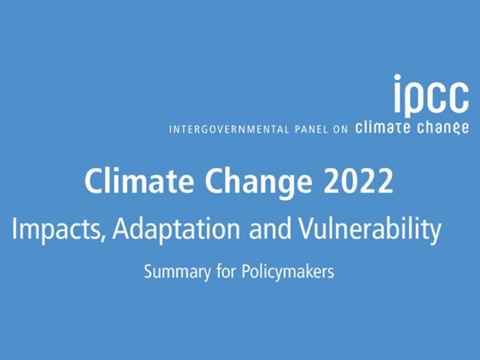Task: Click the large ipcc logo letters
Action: [x=431, y=95]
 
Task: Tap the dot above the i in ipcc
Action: [x=397, y=78]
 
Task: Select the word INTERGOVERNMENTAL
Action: [x=229, y=129]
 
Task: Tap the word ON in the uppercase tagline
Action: [x=340, y=129]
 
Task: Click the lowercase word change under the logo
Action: [x=443, y=128]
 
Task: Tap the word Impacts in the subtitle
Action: [x=55, y=230]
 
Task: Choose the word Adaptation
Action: [x=176, y=230]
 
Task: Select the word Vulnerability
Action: [x=370, y=230]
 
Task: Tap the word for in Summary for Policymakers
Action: [x=226, y=271]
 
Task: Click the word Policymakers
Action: [x=288, y=272]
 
